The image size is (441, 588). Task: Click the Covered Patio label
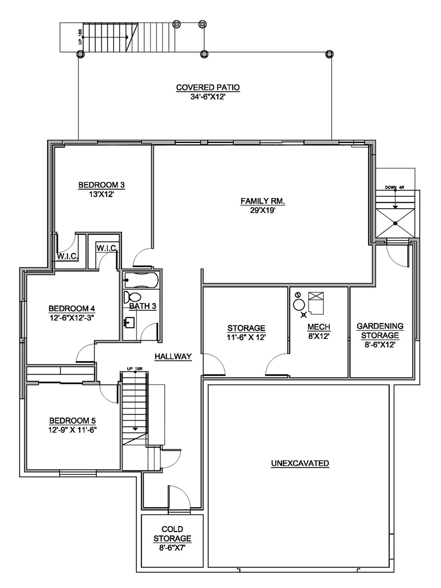[208, 88]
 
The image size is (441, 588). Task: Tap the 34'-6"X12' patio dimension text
[208, 97]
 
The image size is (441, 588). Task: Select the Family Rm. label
[263, 201]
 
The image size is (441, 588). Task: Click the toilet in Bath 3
[132, 297]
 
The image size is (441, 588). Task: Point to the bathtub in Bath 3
[141, 280]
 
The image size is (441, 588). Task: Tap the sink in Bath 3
[129, 322]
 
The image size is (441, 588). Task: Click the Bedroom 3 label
[101, 185]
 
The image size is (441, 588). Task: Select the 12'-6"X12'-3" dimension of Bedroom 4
[72, 318]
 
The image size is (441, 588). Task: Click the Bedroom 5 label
[72, 420]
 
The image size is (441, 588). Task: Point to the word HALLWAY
[173, 356]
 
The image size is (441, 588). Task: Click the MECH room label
[319, 327]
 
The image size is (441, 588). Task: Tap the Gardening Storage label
[380, 330]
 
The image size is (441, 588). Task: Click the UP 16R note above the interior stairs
[135, 369]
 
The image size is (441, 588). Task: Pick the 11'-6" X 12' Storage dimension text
[246, 337]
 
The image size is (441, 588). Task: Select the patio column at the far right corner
[329, 54]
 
